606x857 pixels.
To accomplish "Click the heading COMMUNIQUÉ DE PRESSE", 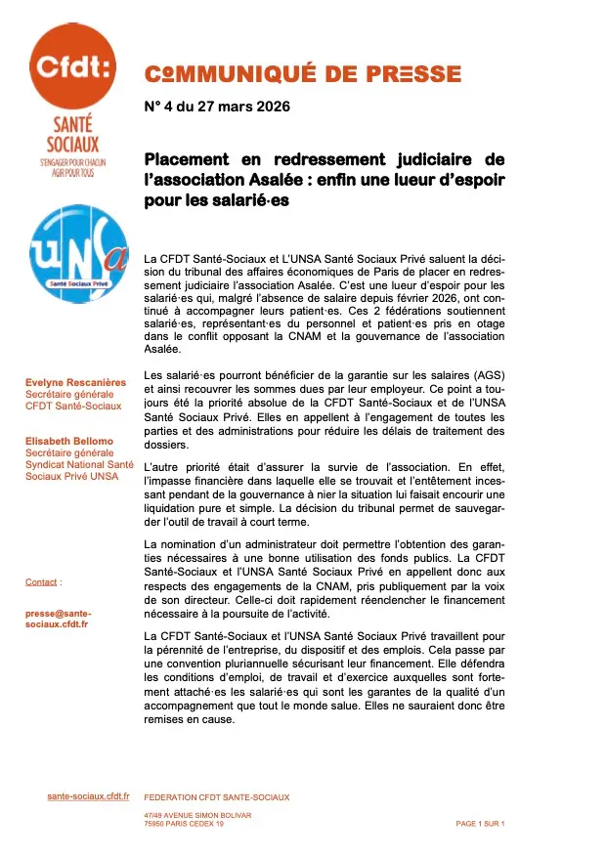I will coord(302,73).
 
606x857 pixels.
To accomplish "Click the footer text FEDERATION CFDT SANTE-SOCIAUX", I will coord(216,797).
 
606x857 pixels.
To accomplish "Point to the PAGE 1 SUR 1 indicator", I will coord(480,824).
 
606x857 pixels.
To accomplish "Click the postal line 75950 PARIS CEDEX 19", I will coord(184,824).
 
